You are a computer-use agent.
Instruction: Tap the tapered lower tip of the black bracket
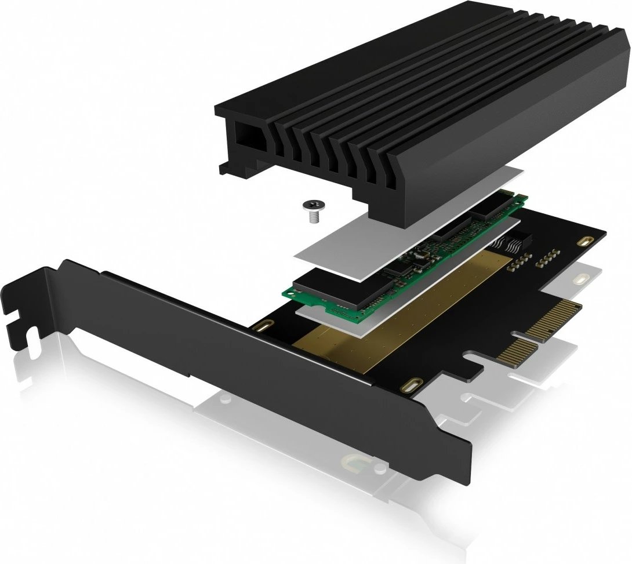(464, 464)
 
